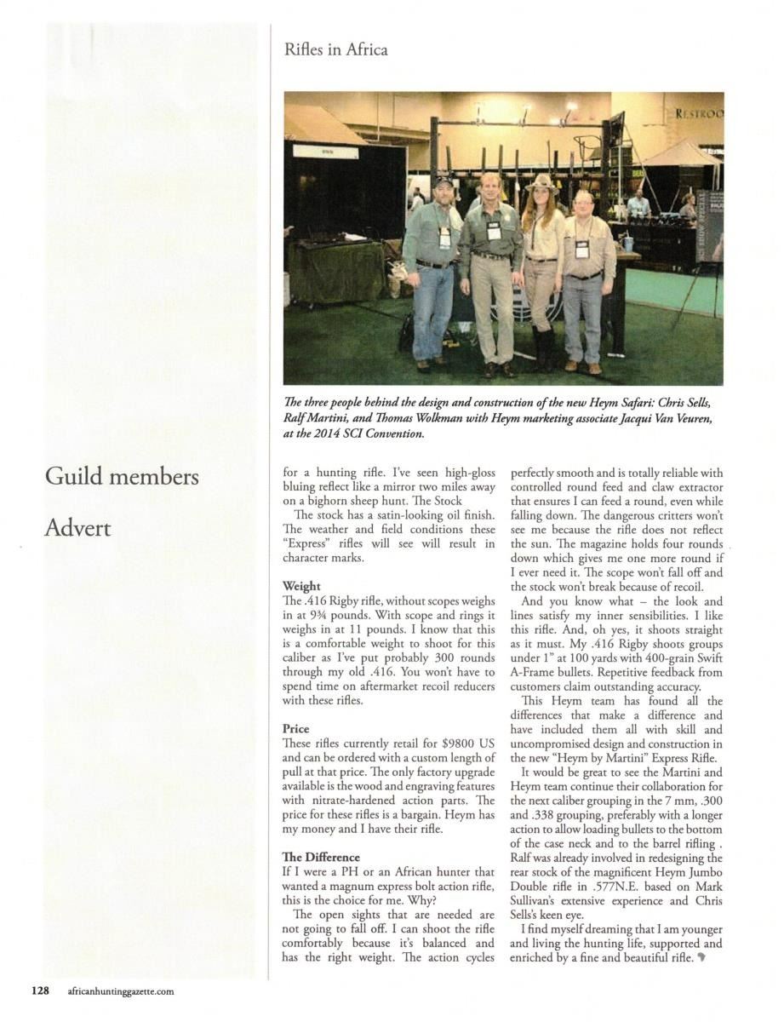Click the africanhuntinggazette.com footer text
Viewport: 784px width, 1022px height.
[x=120, y=991]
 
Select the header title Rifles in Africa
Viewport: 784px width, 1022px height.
[x=336, y=50]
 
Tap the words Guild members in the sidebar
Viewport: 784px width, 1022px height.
[x=122, y=476]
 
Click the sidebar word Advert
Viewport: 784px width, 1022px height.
[x=77, y=528]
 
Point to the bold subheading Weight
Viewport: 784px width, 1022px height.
[x=301, y=586]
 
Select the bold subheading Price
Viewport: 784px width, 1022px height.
[x=295, y=729]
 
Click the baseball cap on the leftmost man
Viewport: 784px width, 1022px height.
[x=443, y=181]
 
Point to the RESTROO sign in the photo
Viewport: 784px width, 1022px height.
[x=698, y=112]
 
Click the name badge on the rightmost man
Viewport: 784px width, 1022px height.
[x=582, y=249]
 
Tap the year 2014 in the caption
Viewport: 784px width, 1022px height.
[x=326, y=434]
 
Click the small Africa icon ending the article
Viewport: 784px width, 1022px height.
[x=701, y=958]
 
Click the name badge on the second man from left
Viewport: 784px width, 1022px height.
[x=494, y=232]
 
